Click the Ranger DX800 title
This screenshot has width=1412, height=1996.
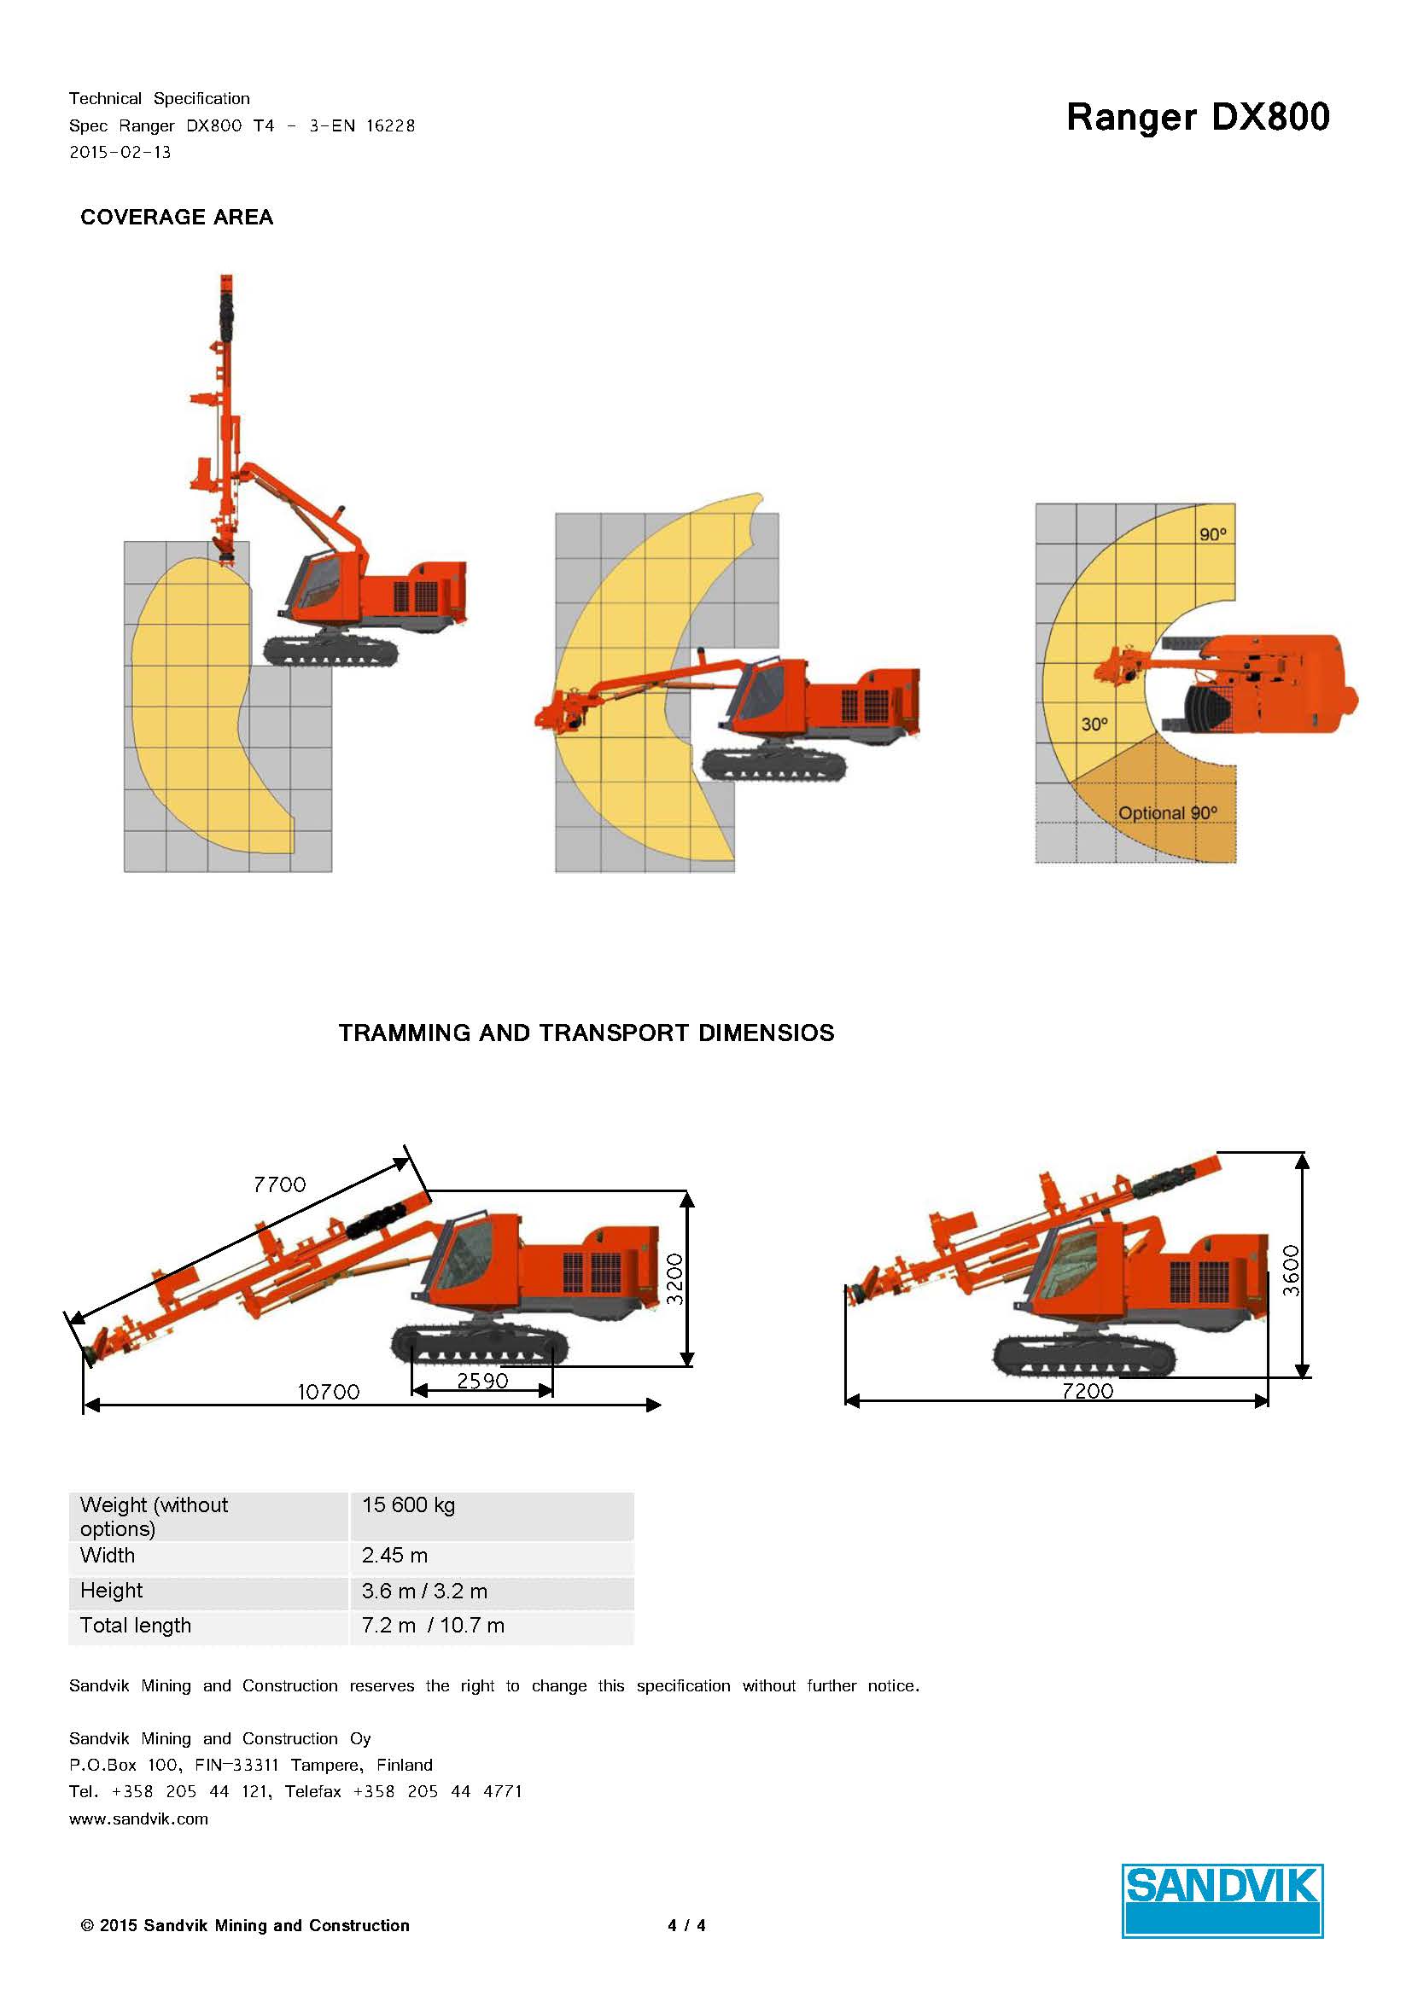1197,118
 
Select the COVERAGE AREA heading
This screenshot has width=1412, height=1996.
177,218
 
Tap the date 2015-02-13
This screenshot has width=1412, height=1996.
120,153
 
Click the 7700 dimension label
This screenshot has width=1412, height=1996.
280,1185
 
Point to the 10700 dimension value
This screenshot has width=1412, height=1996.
328,1392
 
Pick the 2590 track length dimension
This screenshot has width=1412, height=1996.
481,1381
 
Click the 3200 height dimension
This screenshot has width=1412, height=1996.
675,1279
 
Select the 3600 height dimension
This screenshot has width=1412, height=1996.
1291,1270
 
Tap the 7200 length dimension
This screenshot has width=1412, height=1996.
1087,1391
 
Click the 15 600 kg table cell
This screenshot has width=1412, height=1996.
409,1504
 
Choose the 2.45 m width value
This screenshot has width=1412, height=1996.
394,1556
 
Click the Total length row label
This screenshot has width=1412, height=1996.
136,1626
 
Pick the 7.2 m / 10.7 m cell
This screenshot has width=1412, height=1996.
433,1626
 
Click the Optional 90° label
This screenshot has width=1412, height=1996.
1167,814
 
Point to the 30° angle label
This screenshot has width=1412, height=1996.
1094,724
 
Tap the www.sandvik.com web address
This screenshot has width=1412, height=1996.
139,1819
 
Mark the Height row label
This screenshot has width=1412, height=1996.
111,1591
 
